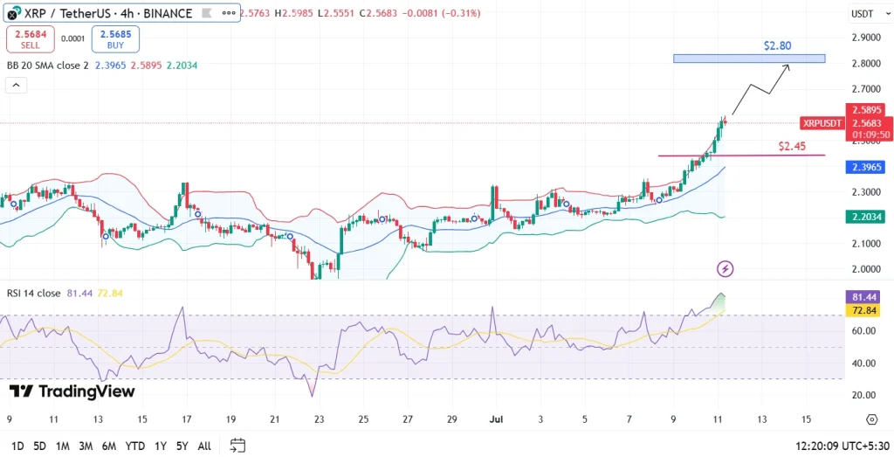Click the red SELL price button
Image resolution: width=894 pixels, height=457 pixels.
[31, 38]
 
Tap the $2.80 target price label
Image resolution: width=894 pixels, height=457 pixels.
[777, 45]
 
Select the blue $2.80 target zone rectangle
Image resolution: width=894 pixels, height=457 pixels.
[748, 59]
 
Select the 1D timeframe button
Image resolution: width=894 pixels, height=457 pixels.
[17, 446]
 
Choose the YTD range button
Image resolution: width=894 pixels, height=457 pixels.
[134, 446]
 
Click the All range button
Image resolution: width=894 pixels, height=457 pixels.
[203, 446]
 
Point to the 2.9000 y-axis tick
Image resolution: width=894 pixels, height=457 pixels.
[866, 38]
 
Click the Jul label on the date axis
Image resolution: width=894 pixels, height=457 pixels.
[494, 419]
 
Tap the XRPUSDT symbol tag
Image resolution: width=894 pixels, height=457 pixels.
[821, 123]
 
